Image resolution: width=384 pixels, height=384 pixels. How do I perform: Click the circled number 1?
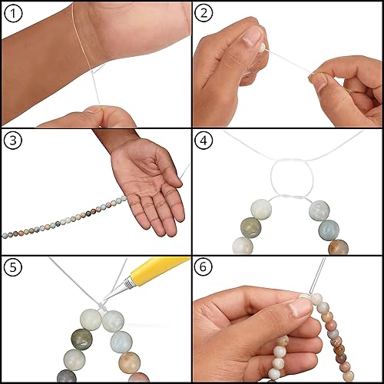pos(13,14)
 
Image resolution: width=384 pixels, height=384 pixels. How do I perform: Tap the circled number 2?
pos(204,13)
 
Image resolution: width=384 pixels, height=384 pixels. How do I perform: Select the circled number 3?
pos(13,140)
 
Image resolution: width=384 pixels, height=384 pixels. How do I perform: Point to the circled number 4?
pos(204,140)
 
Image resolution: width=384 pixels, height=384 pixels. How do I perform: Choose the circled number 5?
pos(13,267)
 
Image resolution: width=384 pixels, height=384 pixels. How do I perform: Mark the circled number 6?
pos(204,267)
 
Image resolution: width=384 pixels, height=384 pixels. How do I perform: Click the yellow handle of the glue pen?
pos(159,269)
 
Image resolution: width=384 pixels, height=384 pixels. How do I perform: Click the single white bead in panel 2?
pos(262,48)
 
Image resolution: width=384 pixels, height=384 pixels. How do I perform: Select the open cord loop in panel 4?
pos(271,179)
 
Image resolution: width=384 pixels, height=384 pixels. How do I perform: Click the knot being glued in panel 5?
pos(101,306)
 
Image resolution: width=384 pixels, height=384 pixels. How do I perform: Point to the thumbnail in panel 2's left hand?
pos(252,35)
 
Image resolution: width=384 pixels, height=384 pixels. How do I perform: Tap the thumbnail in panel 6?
pos(300,306)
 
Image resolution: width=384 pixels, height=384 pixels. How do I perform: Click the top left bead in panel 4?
pos(261,209)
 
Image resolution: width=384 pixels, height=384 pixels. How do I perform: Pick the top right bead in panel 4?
pos(319,210)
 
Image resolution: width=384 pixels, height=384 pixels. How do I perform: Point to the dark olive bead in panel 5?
pos(81,340)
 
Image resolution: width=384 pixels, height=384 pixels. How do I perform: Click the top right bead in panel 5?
pos(114,321)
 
